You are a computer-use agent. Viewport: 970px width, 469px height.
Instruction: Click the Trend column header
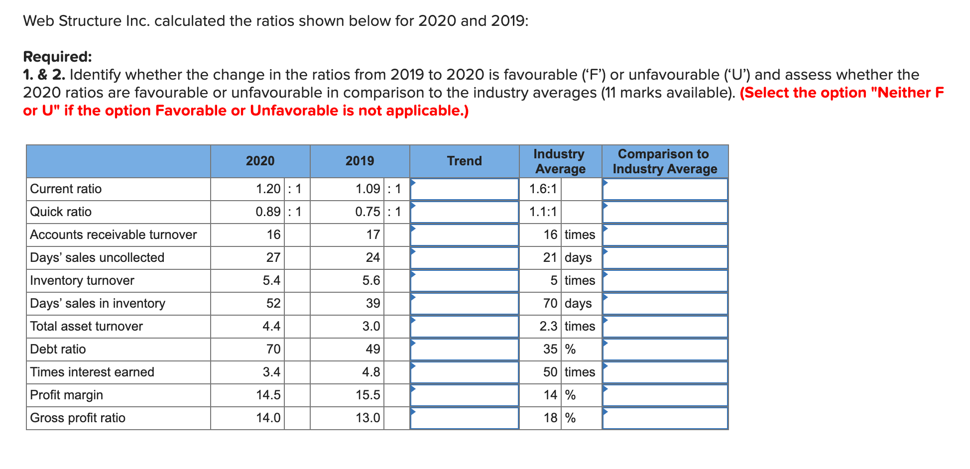464,161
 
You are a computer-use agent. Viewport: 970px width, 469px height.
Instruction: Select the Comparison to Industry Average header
665,161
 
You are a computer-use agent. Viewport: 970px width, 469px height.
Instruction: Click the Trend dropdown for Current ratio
464,189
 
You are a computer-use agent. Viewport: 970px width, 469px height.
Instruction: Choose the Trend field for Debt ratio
464,350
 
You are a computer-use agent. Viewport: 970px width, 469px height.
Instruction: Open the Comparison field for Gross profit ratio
665,418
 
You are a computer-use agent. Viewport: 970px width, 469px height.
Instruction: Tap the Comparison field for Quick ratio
665,212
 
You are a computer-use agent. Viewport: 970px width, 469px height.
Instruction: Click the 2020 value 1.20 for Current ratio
268,189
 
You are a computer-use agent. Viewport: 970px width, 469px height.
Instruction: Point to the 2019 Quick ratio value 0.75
367,212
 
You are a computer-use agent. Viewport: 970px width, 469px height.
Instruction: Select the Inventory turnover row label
82,281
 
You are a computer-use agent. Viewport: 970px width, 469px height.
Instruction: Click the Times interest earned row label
92,372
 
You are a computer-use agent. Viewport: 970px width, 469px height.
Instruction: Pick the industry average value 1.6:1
543,189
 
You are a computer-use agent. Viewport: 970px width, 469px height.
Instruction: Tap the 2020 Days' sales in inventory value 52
273,304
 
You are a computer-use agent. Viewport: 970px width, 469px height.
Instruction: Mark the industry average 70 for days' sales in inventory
550,304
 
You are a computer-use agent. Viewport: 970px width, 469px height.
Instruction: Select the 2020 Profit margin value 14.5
268,395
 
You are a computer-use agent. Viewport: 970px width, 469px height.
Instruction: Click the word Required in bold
57,57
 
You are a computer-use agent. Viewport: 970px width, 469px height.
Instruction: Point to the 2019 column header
360,161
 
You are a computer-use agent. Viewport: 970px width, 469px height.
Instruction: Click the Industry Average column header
560,161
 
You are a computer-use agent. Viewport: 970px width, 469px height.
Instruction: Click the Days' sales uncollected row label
97,258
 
